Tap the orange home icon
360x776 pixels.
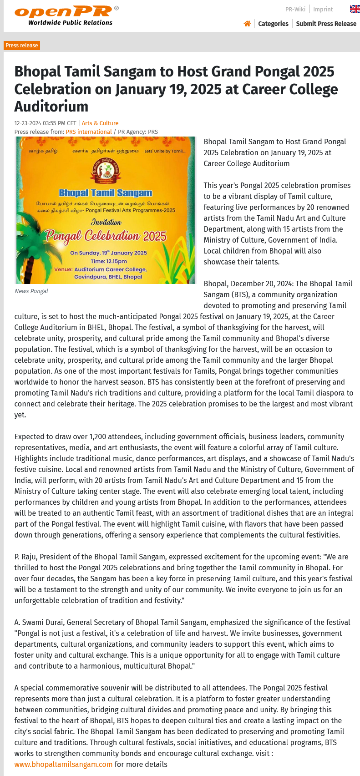[247, 24]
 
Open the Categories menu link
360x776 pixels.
[273, 24]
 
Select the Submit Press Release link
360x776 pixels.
[326, 24]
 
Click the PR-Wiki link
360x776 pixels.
[295, 9]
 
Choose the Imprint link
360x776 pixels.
[323, 9]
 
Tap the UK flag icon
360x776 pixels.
[355, 9]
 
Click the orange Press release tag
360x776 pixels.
[22, 46]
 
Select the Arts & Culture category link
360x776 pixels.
[100, 123]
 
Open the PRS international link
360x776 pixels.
[89, 132]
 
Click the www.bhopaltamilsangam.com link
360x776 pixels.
[63, 764]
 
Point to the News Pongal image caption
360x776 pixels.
[31, 291]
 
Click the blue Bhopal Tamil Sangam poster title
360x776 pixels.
[106, 193]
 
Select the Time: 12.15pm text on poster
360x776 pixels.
[109, 261]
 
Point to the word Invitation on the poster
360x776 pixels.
[106, 223]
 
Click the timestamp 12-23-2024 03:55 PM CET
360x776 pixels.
[46, 123]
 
